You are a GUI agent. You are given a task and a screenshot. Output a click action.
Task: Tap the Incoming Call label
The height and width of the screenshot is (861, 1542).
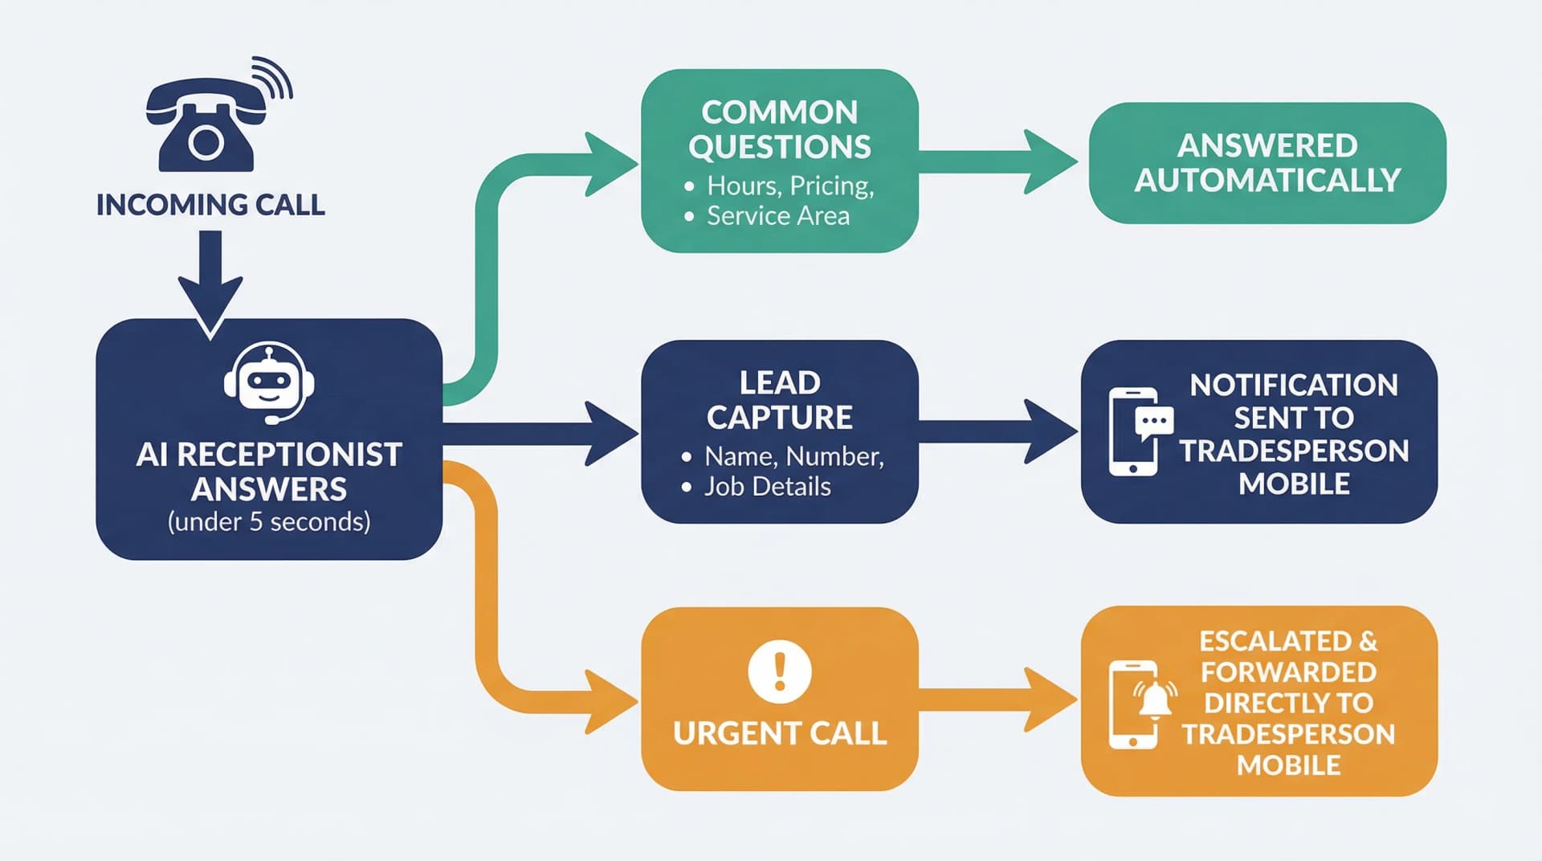210,205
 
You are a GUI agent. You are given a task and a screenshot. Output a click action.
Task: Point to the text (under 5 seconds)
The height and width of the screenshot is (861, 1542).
269,522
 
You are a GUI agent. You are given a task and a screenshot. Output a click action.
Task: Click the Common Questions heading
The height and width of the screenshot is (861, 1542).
779,129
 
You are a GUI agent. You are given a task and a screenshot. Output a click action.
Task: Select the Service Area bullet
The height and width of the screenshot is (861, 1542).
777,216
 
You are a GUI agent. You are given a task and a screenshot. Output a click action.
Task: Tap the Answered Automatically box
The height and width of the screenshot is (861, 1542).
1267,163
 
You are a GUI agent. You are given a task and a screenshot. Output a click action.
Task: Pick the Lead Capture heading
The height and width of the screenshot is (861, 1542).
779,400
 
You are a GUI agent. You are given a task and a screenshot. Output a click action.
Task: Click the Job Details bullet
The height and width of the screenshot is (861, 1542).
767,487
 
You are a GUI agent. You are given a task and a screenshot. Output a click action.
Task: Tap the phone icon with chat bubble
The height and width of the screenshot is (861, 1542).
1138,431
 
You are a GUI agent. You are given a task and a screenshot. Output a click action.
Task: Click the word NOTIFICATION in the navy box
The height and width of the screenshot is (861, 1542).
1293,386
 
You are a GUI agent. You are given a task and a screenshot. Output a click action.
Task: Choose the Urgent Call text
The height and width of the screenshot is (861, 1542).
779,733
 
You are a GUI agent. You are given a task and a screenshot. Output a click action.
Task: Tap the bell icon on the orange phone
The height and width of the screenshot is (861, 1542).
1155,699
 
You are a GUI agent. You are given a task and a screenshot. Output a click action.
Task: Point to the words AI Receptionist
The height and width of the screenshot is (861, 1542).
269,455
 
